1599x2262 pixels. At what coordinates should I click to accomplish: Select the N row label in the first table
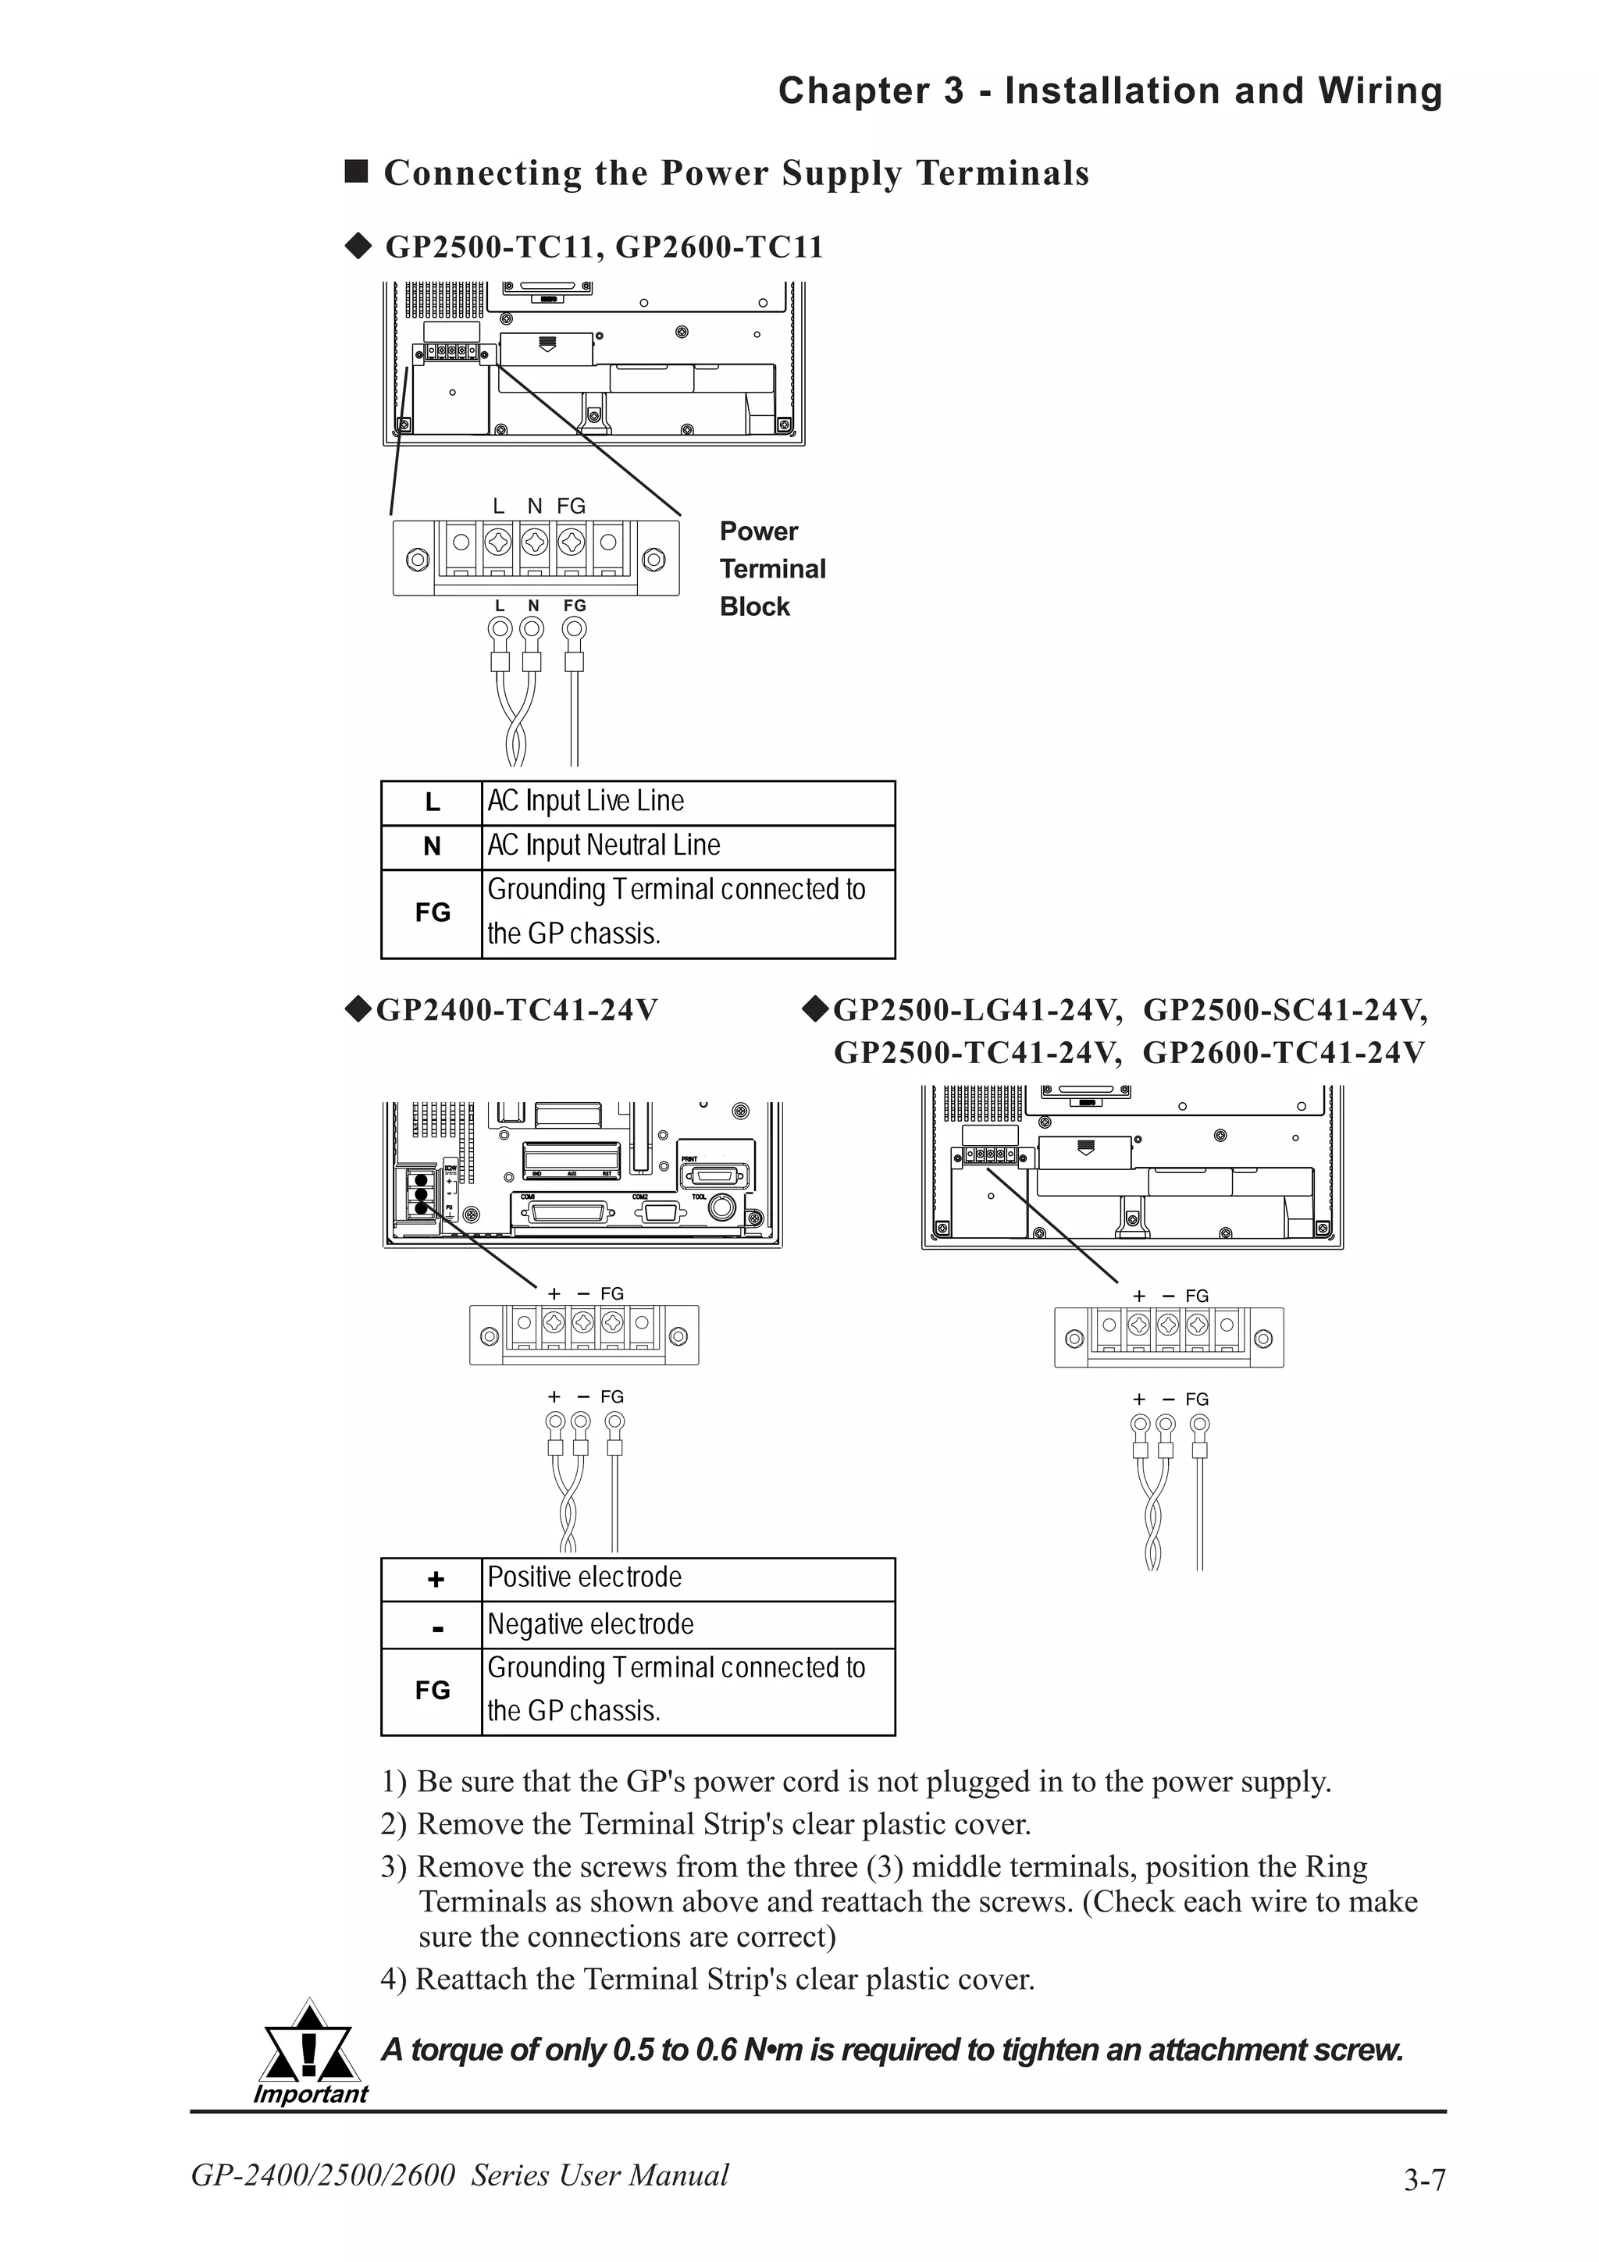[432, 846]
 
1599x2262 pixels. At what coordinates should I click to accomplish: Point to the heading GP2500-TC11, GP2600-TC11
[603, 247]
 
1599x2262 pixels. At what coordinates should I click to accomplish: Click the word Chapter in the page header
[853, 91]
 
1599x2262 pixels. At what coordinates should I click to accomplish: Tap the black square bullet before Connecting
[356, 172]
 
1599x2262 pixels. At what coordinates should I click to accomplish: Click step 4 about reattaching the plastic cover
[707, 1979]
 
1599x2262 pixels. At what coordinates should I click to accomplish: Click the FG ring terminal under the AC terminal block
[575, 630]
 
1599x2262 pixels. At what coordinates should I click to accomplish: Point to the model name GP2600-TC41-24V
[1283, 1053]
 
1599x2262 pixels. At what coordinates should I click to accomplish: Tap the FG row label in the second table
[432, 1691]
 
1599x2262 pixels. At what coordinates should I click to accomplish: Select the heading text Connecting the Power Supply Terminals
[736, 173]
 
